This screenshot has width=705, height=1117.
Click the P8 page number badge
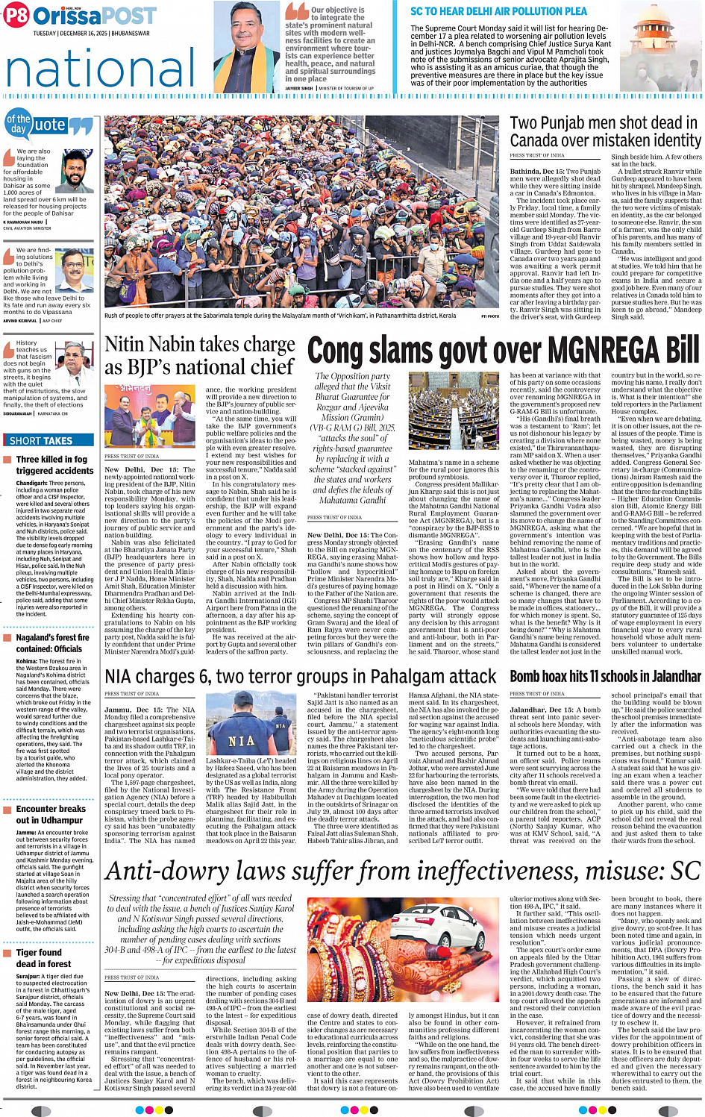click(16, 16)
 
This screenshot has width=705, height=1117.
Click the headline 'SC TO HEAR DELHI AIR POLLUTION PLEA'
click(498, 11)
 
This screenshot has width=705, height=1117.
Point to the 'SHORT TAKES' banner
click(41, 441)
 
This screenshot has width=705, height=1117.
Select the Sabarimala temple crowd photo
click(303, 212)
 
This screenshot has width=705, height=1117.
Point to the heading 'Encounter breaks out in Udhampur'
click(51, 814)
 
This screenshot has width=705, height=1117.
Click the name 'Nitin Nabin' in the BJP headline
click(160, 344)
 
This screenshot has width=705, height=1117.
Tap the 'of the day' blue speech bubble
click(18, 124)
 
